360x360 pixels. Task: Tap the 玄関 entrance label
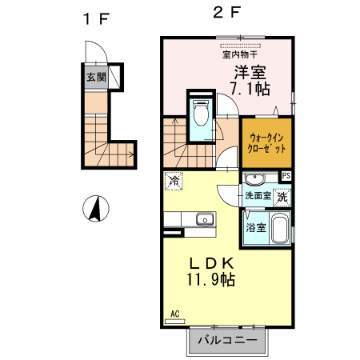tap(95, 78)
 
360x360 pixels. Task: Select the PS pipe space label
tap(286, 176)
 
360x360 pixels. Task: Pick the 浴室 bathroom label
tap(255, 228)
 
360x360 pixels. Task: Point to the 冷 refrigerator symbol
tap(173, 182)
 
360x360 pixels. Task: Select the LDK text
tap(211, 263)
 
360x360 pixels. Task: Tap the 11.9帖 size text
tap(211, 280)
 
